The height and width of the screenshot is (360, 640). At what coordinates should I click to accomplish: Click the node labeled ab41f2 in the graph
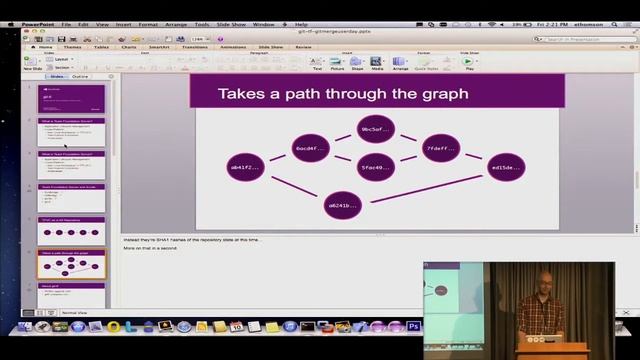pos(246,167)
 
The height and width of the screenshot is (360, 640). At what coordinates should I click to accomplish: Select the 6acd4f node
pos(311,149)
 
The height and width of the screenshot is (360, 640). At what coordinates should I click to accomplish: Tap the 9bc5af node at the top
pos(375,130)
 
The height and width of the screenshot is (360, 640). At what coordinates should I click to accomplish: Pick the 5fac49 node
pos(375,167)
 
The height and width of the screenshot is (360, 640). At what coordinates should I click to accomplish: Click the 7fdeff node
pos(440,149)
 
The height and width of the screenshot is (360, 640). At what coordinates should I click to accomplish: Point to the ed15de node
pos(506,168)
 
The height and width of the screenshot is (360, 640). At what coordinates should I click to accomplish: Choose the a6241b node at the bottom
pos(343,205)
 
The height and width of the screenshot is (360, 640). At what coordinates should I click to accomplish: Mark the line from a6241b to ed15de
pos(425,187)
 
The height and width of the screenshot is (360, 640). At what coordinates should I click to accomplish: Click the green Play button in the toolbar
pos(467,62)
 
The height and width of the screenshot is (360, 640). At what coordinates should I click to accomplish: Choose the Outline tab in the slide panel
pos(80,76)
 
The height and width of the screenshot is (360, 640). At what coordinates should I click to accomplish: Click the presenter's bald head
pos(543,279)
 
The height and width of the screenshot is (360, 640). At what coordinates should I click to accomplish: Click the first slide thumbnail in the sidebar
pos(71,99)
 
